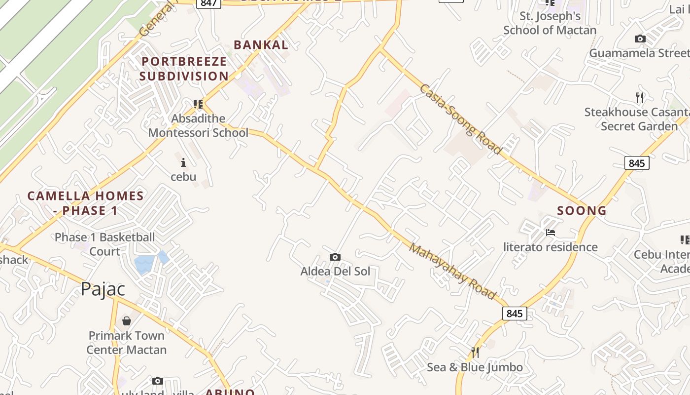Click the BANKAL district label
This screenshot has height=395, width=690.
261,45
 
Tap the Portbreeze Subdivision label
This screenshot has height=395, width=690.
184,69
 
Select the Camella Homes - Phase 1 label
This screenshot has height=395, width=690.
85,203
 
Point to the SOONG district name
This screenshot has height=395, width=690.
582,211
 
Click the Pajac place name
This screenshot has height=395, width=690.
103,289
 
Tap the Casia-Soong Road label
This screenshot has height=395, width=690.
460,119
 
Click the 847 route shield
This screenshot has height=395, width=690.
208,3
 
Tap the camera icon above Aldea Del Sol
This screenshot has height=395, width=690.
335,257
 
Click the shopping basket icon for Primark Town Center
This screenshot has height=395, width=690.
127,321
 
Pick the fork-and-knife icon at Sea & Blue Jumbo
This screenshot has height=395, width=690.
475,352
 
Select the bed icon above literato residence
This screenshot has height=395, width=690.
551,233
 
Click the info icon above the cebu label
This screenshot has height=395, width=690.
183,162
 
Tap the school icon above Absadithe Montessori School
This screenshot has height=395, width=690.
198,104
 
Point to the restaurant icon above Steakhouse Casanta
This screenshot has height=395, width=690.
640,98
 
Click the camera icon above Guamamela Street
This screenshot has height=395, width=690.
640,39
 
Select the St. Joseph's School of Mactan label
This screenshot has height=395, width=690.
550,23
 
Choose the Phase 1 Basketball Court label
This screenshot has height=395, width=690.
104,244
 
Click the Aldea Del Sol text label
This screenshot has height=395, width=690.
335,271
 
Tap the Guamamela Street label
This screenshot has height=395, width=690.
639,53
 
